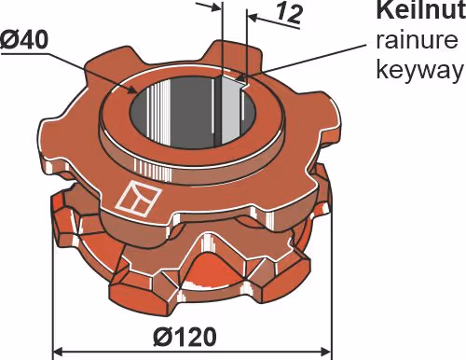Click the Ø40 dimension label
[x=24, y=40]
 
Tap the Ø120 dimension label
[x=185, y=337]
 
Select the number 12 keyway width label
[x=289, y=13]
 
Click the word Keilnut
[x=421, y=10]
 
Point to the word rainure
[x=417, y=40]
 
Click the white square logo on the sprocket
[x=138, y=199]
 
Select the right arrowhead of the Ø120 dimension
[x=324, y=353]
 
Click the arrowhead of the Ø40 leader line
[x=132, y=90]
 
